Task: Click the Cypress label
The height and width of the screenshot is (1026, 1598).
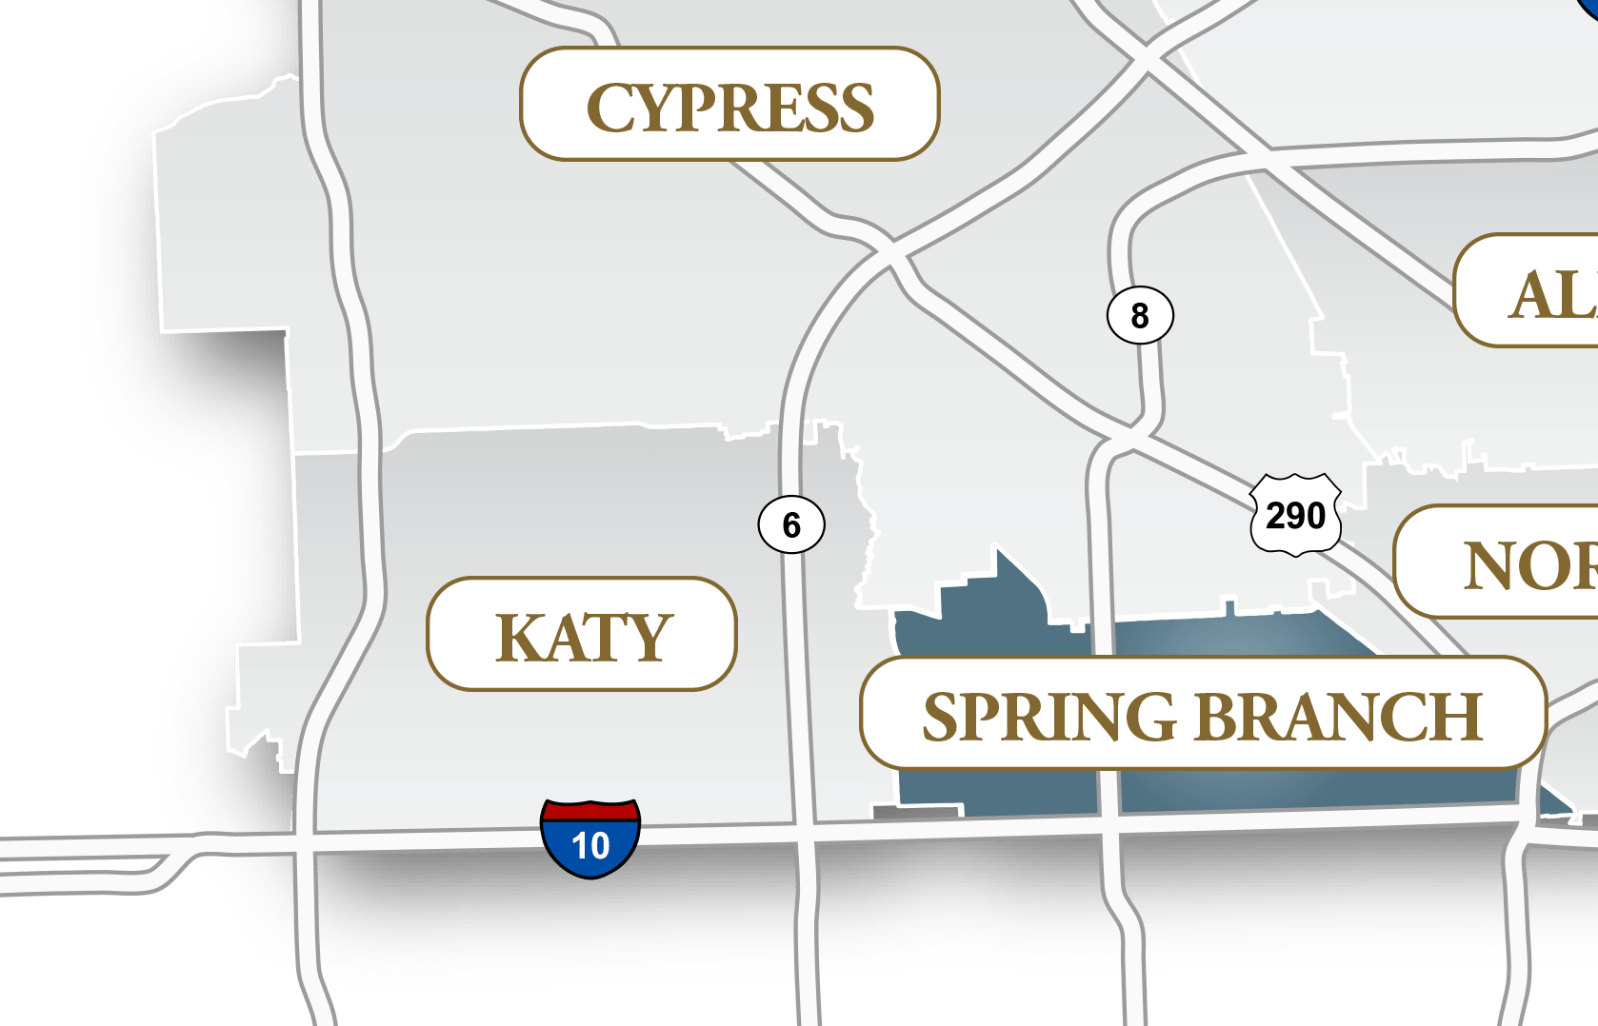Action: point(729,105)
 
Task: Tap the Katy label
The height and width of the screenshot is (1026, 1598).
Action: point(582,635)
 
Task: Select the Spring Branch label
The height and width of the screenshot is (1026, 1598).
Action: point(1202,714)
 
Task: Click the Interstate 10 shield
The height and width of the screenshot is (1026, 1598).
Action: point(590,838)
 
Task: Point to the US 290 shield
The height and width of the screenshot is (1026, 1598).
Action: point(1296,515)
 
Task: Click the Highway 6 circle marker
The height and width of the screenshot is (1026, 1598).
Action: point(791,524)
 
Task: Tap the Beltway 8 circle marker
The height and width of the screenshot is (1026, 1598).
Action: point(1140,315)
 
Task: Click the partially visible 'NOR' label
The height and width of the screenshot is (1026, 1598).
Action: point(1505,563)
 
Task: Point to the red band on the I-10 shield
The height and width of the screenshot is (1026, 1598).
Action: point(590,811)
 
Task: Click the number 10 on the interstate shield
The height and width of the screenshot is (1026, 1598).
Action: point(590,846)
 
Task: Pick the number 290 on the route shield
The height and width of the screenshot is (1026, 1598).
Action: point(1296,516)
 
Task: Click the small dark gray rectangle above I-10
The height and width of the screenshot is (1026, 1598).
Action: point(916,811)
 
